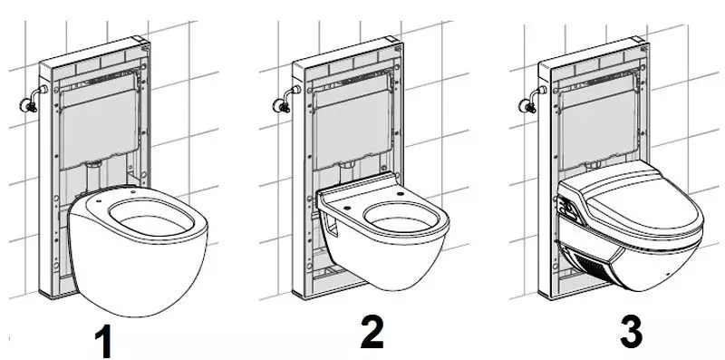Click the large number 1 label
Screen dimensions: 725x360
coord(104,341)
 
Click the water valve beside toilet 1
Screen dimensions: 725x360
coord(32,100)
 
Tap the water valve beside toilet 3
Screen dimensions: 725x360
coord(532,100)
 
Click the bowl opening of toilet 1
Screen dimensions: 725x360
coord(151,218)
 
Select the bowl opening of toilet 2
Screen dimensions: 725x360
coord(401,217)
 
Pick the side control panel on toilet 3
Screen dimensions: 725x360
coord(570,209)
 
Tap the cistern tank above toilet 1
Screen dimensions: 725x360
coord(99,126)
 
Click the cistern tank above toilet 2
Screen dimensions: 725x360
coord(352,126)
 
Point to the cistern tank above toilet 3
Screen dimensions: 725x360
coord(596,125)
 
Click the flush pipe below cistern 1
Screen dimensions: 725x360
coord(94,177)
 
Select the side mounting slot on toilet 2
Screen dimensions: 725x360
coord(332,226)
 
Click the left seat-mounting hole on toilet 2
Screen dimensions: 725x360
coord(346,209)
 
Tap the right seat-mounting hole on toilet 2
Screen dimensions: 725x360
coord(400,194)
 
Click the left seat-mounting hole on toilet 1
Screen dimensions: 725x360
coord(100,202)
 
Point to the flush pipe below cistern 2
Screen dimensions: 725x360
coord(347,172)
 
